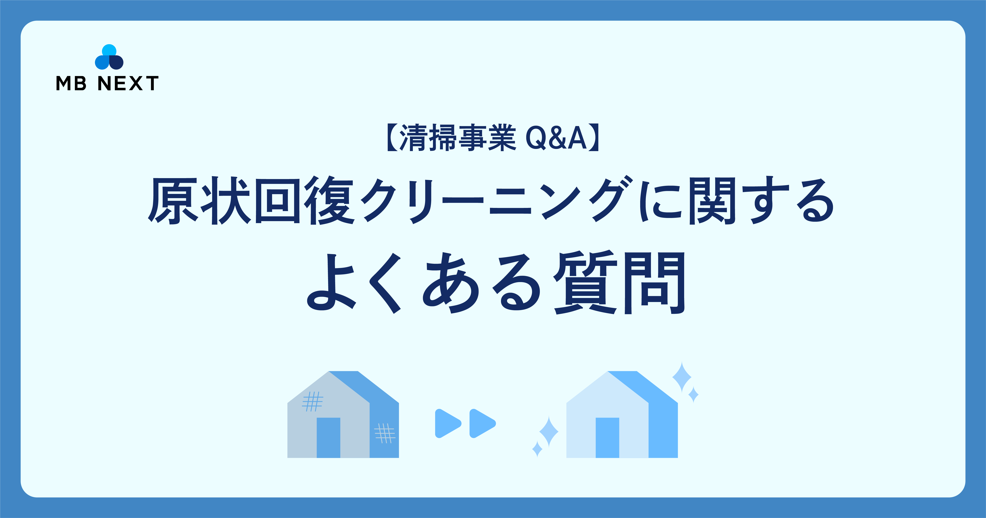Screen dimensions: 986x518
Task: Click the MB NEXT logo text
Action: (x=107, y=83)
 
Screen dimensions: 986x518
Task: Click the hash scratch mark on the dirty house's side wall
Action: (x=385, y=433)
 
